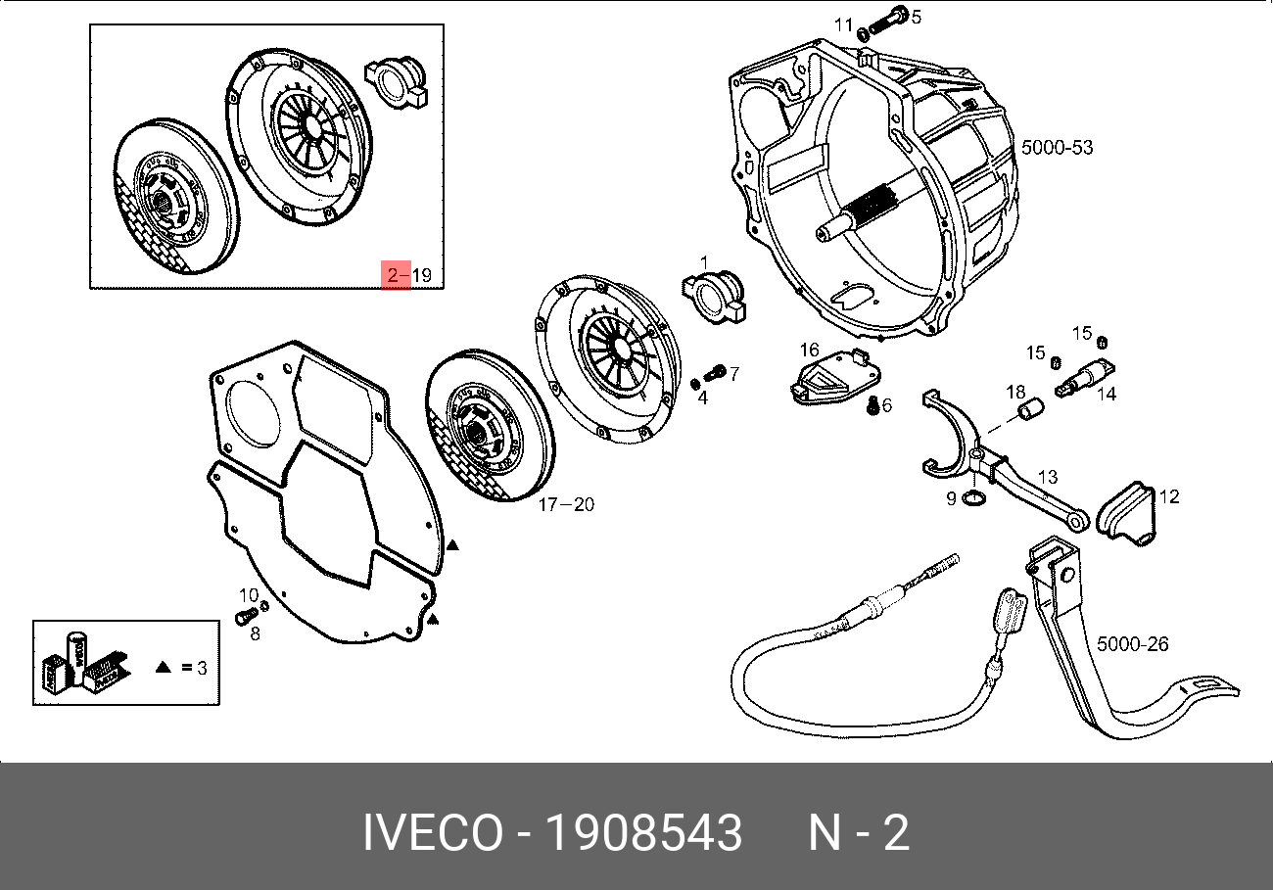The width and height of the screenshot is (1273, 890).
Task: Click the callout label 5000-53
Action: [1057, 148]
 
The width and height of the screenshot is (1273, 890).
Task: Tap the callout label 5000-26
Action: [1131, 644]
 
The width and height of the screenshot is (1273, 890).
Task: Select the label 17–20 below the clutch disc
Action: [566, 505]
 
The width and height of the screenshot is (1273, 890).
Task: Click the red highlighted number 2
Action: [394, 275]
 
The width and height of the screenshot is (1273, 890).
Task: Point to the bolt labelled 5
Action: [894, 17]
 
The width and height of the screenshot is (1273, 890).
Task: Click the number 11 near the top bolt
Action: [844, 24]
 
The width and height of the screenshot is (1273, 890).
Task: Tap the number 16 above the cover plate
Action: [809, 350]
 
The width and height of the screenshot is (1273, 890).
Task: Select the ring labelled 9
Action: [973, 501]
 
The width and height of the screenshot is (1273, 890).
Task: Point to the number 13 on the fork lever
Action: [1048, 477]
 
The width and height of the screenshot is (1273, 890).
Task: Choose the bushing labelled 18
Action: [1028, 412]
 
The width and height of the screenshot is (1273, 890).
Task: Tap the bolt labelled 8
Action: [243, 616]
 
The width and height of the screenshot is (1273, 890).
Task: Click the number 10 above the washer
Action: [249, 594]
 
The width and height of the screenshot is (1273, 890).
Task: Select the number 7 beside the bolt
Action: [734, 373]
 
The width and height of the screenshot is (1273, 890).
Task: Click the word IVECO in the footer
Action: [432, 834]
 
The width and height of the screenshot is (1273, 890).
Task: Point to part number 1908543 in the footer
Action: [643, 834]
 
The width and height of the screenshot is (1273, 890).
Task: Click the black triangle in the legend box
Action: [164, 668]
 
